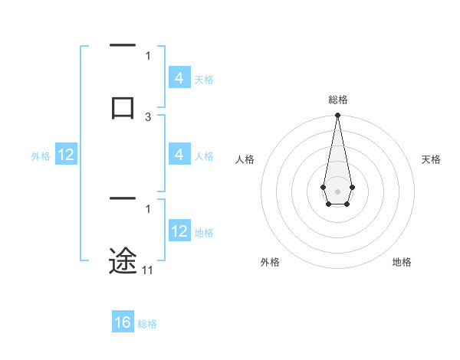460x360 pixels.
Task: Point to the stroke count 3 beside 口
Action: tap(148, 116)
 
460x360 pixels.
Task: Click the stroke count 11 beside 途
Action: tap(148, 270)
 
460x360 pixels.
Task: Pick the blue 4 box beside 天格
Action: tap(179, 78)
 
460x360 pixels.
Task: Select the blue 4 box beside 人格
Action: tap(179, 155)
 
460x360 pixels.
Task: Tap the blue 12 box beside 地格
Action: tap(179, 231)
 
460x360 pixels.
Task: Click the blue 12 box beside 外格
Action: tap(66, 155)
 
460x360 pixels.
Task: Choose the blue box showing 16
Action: tap(123, 322)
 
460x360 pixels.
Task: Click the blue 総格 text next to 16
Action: tap(147, 324)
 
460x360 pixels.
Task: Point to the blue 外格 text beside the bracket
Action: tap(41, 156)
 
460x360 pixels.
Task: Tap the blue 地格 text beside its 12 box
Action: tap(204, 233)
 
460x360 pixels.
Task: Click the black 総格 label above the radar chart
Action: tap(337, 100)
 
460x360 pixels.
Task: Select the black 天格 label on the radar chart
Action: tap(432, 159)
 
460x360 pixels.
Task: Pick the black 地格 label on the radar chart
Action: tap(402, 262)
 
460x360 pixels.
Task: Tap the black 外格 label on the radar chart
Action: tap(270, 262)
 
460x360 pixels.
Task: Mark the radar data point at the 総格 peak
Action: tap(337, 116)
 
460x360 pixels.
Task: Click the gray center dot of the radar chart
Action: tap(337, 191)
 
